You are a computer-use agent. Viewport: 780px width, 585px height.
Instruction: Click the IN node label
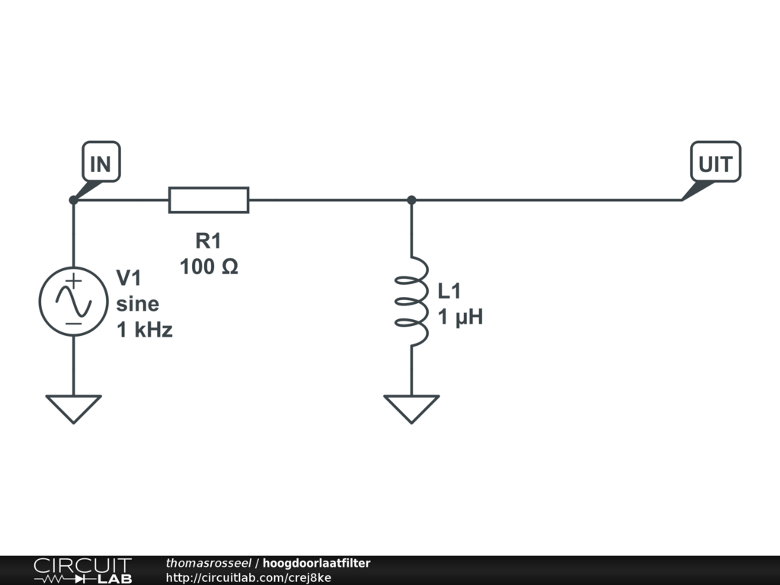101,163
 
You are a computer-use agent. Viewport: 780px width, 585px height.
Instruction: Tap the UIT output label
714,163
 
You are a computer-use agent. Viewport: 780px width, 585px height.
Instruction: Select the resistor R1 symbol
208,200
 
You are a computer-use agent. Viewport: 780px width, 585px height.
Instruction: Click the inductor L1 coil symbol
411,302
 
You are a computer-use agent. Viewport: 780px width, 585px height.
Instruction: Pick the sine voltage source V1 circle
74,302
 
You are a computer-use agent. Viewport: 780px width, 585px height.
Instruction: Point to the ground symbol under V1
74,408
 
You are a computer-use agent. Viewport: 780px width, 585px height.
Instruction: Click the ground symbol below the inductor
411,408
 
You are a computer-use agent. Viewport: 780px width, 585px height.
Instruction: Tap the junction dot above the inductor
411,200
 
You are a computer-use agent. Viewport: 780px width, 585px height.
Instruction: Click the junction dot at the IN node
73,200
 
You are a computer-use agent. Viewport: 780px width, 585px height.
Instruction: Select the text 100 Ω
209,267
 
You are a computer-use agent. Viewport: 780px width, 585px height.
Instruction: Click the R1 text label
208,242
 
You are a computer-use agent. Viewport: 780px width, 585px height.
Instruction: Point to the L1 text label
449,291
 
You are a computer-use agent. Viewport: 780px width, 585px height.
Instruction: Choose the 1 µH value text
460,317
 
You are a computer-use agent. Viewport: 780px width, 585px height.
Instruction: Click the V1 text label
129,278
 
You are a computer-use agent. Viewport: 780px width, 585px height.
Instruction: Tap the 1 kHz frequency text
144,330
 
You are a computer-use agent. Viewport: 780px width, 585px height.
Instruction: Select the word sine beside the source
138,304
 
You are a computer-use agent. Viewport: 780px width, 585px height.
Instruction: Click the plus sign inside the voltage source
73,281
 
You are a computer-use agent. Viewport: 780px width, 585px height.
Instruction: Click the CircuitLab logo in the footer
82,570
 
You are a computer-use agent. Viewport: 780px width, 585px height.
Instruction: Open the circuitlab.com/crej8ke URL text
248,577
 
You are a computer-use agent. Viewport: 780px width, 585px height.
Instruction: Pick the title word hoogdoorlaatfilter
316,563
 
